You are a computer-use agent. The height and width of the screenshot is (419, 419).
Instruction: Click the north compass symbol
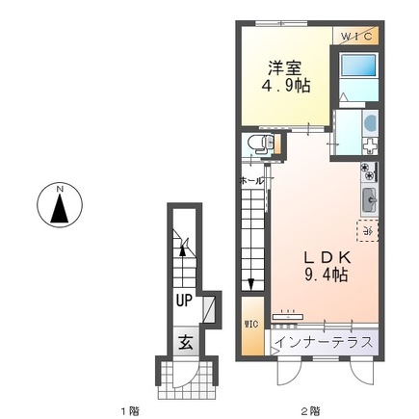pyautogui.click(x=59, y=205)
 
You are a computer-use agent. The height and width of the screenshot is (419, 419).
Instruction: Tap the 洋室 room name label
pyautogui.click(x=286, y=68)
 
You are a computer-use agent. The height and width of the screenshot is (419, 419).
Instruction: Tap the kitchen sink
pyautogui.click(x=370, y=201)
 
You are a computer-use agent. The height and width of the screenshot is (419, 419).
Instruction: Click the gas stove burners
pyautogui.click(x=369, y=174)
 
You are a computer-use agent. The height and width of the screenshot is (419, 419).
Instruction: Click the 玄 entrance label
pyautogui.click(x=183, y=340)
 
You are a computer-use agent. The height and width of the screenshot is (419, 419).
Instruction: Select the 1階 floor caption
pyautogui.click(x=131, y=409)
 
